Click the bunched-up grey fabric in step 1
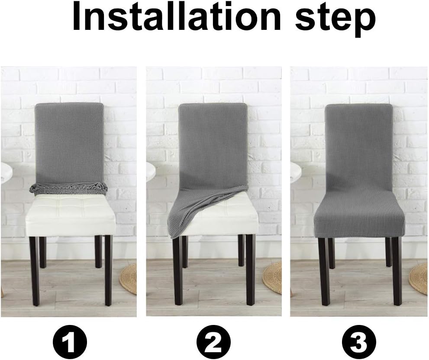[68, 188]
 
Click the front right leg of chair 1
[108, 270]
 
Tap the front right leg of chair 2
[250, 270]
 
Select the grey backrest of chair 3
[359, 143]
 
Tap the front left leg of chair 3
[324, 270]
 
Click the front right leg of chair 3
[397, 270]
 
